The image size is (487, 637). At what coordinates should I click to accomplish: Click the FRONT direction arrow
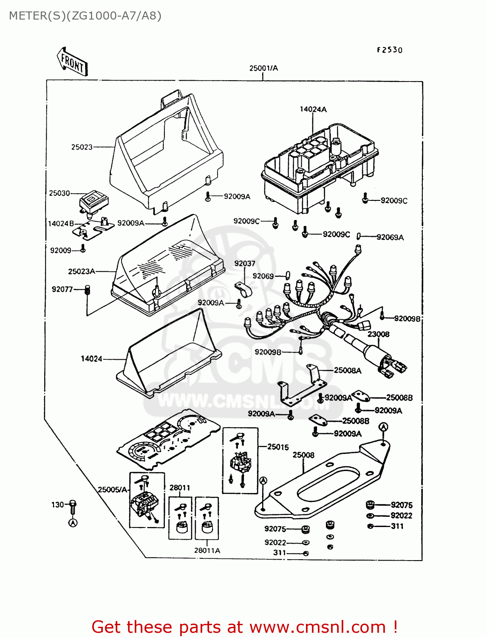click(x=72, y=62)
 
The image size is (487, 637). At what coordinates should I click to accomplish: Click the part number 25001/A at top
click(x=263, y=68)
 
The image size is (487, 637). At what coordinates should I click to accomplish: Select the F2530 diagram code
click(x=389, y=50)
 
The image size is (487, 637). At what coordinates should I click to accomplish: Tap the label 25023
click(x=82, y=147)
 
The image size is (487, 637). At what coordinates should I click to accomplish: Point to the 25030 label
click(x=59, y=193)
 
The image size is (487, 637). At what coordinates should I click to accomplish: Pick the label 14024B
click(x=61, y=223)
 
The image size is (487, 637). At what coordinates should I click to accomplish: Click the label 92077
click(x=62, y=289)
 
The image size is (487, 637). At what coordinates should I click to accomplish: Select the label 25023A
click(x=82, y=271)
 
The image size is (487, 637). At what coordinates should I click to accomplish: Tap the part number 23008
click(x=378, y=334)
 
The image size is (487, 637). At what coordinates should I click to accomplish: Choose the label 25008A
click(x=347, y=370)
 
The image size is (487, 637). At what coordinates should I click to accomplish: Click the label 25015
click(x=278, y=447)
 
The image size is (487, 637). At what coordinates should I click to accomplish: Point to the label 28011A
click(x=207, y=550)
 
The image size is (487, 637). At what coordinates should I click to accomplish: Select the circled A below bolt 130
click(x=73, y=523)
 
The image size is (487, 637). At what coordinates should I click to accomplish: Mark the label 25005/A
click(x=113, y=490)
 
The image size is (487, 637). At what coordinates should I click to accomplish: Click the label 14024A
click(x=313, y=109)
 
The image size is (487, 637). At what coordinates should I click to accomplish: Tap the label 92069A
click(x=390, y=237)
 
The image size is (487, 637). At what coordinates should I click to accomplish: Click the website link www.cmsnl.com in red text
click(x=317, y=627)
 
